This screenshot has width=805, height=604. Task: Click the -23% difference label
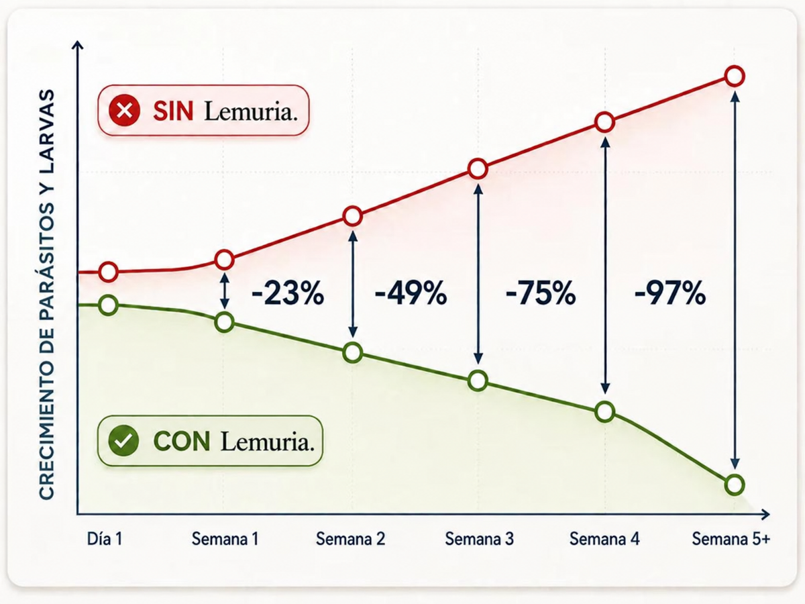[x=288, y=293]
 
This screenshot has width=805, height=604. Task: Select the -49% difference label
[x=411, y=293]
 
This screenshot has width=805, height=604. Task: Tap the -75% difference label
[x=541, y=293]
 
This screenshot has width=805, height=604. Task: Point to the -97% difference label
[x=670, y=293]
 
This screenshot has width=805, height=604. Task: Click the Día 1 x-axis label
[x=105, y=539]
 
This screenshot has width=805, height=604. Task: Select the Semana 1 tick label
[x=225, y=539]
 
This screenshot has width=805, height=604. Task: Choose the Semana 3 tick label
[x=480, y=539]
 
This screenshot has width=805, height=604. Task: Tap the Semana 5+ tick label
[x=731, y=539]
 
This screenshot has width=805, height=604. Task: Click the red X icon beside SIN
[x=124, y=110]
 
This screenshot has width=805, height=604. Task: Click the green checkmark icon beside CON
[x=124, y=441]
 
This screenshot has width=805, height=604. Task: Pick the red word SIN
[x=173, y=111]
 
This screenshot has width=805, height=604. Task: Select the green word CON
[x=182, y=441]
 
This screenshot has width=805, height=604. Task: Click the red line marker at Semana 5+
[x=735, y=77]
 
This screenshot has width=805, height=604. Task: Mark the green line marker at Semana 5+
[x=734, y=485]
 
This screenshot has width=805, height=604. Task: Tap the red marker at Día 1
[x=108, y=272]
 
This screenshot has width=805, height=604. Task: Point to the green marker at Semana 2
[x=353, y=353]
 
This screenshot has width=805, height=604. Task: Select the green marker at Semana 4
[x=605, y=411]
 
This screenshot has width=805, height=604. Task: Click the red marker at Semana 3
[x=478, y=169]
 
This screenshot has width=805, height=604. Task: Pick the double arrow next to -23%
[x=225, y=291]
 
